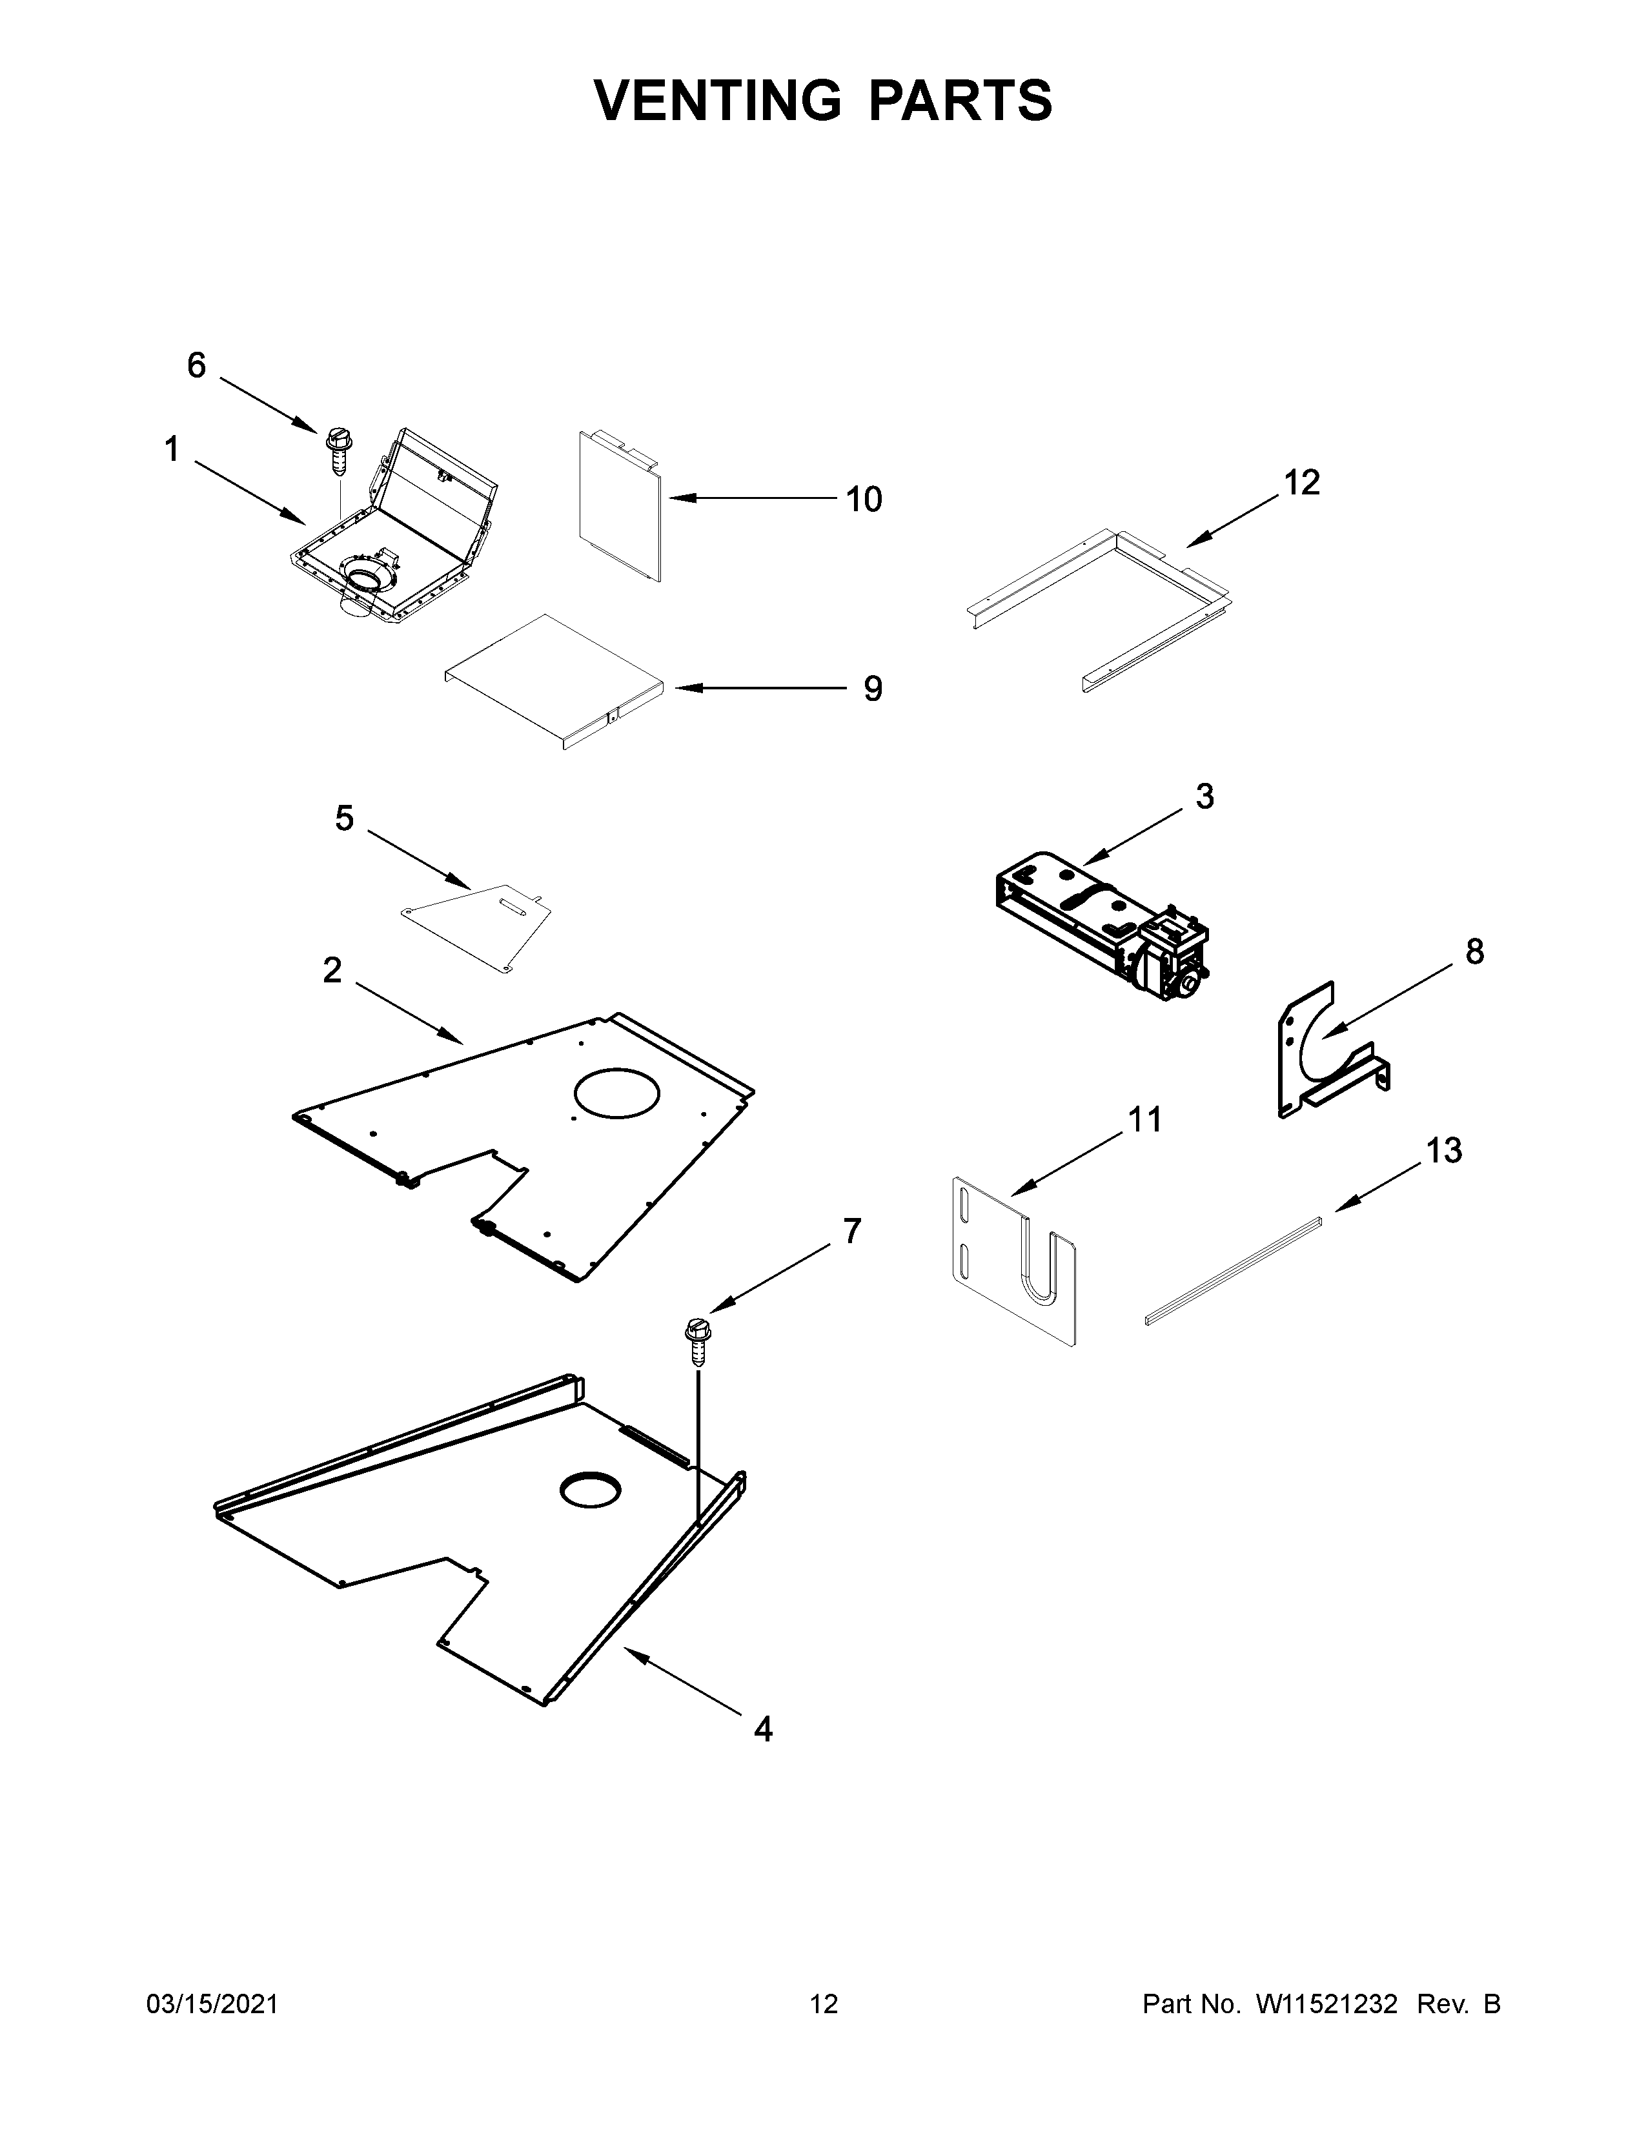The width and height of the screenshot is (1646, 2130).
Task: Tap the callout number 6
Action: click(x=197, y=366)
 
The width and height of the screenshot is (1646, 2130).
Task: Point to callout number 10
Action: click(x=864, y=500)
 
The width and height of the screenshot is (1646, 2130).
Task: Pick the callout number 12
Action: click(x=1302, y=482)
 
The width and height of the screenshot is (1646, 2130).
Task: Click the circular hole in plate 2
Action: click(x=617, y=1092)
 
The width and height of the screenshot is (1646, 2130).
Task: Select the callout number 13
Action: click(x=1444, y=1151)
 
